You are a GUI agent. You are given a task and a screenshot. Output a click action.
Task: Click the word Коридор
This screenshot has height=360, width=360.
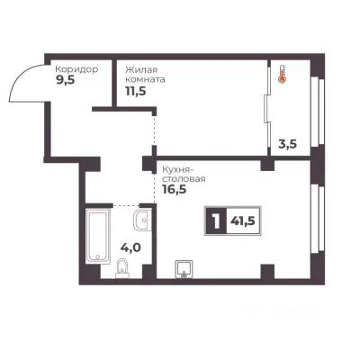coord(76,69)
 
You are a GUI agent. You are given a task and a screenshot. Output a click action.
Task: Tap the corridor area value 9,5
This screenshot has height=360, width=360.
coord(65,80)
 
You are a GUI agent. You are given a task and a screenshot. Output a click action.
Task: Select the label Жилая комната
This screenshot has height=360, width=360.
coord(145,75)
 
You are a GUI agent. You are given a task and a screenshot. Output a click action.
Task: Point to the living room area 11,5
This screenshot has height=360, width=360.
coord(136,91)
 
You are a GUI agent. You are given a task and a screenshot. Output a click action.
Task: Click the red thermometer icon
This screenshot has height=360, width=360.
coord(282,74)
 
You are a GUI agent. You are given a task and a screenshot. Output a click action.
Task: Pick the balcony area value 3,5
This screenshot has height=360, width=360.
coord(287,144)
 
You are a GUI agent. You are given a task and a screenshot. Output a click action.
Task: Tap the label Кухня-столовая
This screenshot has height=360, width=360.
coord(184,175)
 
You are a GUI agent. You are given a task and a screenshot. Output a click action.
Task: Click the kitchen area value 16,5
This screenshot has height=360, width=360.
coord(174,190)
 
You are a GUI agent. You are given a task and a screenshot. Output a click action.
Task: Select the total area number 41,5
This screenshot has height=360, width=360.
coord(243,221)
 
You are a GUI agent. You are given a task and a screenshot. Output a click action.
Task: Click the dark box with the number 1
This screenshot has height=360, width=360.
coord(216,221)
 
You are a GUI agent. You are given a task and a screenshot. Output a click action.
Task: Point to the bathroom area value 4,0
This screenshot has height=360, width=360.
coord(130,247)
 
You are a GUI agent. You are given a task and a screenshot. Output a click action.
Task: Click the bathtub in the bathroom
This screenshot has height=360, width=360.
coord(97,236)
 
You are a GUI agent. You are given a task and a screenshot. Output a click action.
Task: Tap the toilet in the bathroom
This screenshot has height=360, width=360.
coord(122,267)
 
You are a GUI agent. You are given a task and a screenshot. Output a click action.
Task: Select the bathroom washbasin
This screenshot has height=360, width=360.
coord(143,220)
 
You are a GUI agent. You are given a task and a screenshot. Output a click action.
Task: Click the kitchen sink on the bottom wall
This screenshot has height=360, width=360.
coord(184,269)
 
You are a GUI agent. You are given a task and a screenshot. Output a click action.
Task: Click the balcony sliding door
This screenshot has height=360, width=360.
coord(267,109)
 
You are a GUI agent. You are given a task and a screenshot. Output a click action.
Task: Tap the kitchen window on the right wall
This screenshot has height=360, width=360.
coord(318,219)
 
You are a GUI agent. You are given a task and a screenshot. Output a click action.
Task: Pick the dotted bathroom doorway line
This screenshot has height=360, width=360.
coord(126,205)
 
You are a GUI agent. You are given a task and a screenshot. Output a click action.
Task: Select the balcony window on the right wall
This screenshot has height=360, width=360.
coord(318,112)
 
